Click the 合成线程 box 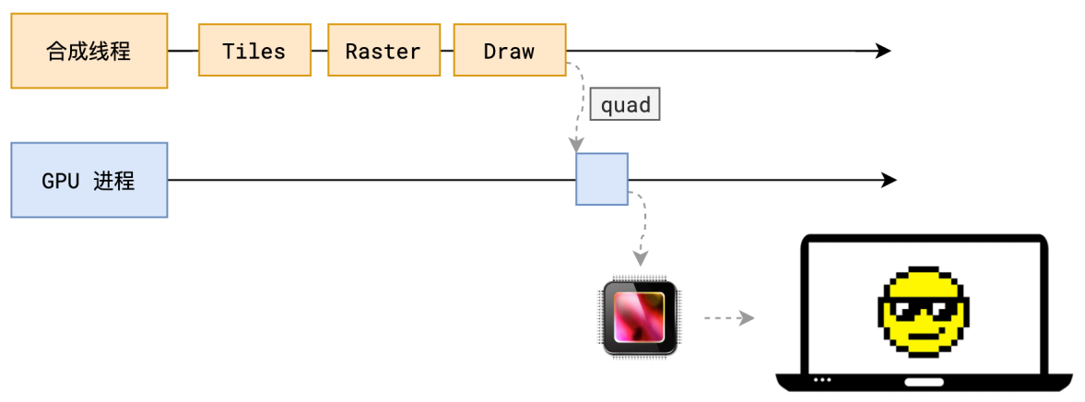[89, 51]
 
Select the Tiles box [254, 51]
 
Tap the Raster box [383, 51]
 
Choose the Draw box [509, 51]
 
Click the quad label [626, 105]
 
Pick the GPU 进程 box [89, 180]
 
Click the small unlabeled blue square [602, 179]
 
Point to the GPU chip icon [641, 317]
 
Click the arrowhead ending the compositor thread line [883, 51]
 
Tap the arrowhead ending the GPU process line [889, 180]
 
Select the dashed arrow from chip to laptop [728, 318]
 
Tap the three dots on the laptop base [821, 380]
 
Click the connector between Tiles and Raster [320, 51]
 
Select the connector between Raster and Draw [446, 51]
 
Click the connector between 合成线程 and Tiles [183, 51]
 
